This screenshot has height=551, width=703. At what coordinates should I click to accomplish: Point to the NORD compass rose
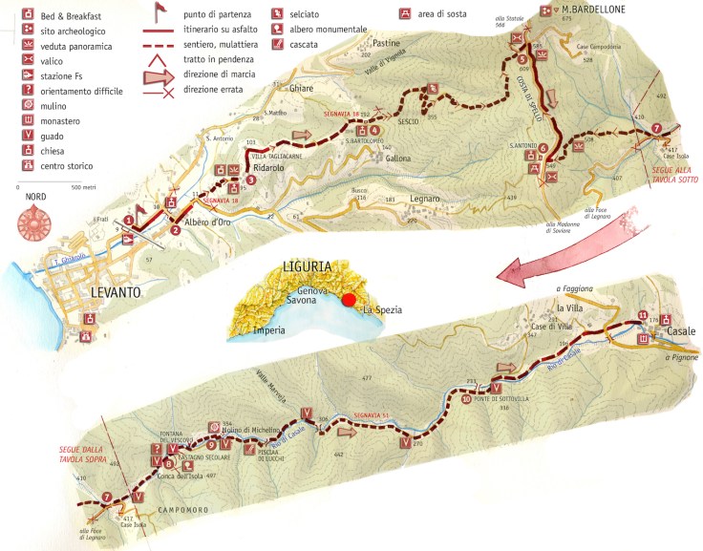pos(34,222)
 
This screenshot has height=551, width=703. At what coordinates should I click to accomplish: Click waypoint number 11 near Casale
pos(643,316)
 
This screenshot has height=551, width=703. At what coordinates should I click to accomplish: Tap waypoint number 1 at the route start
pos(129,221)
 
